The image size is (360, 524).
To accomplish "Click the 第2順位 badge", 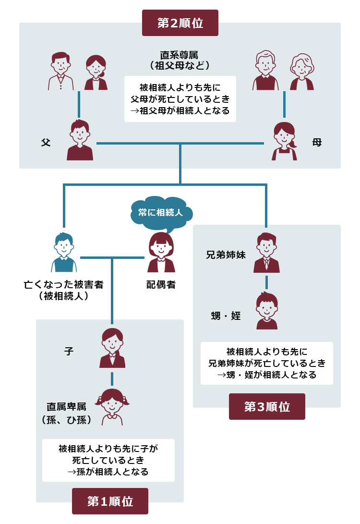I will [x=180, y=23].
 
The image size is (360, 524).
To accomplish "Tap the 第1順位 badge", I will [x=110, y=501].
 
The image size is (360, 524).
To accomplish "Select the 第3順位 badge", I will [x=267, y=406].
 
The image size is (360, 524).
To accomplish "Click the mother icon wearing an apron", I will [x=284, y=141].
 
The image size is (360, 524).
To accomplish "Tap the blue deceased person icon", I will [x=64, y=253].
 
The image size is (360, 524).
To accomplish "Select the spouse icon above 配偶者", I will [x=161, y=253].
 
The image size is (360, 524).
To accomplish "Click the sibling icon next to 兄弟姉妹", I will [x=266, y=253].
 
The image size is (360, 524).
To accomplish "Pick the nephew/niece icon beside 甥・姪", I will [x=266, y=311].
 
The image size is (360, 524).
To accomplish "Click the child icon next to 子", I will [x=112, y=348].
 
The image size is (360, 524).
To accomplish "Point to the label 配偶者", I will [x=161, y=285].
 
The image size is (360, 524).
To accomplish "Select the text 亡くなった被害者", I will [x=64, y=284].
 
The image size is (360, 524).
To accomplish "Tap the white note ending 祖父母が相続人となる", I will [x=180, y=99].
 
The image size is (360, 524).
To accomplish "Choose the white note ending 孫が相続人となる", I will [x=108, y=460].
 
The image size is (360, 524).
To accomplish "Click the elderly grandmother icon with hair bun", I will [x=302, y=72].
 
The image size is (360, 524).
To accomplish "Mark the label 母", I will [x=317, y=142].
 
